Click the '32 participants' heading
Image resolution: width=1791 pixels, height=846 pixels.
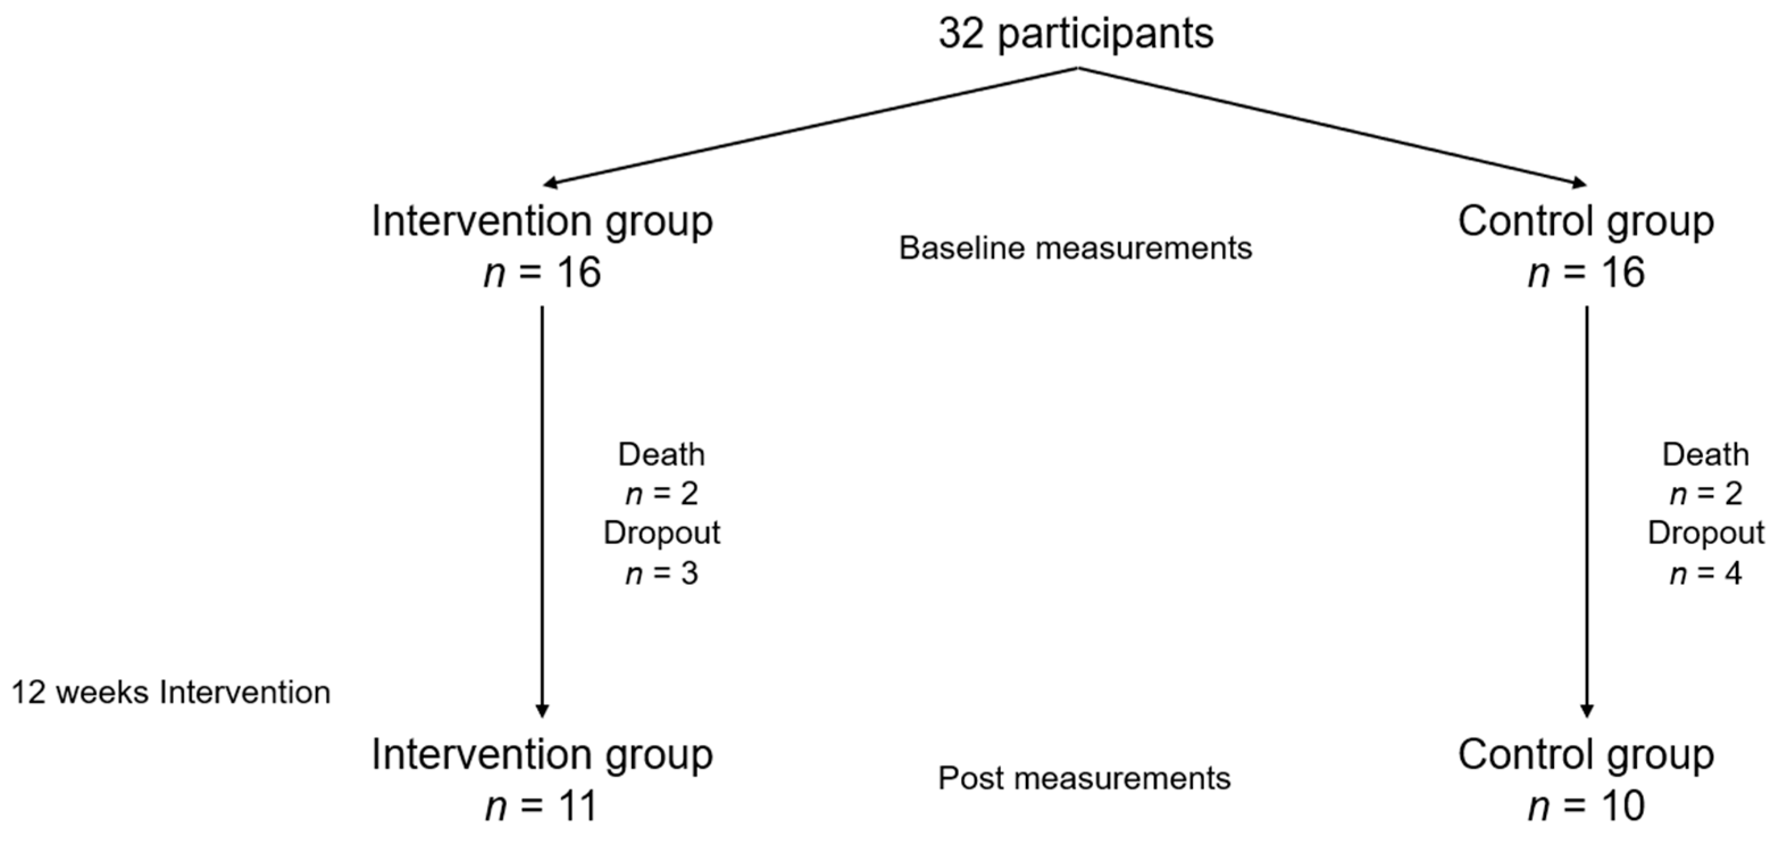1076,33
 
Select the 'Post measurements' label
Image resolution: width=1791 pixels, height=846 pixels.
1084,778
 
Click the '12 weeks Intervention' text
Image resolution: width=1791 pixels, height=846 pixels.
171,693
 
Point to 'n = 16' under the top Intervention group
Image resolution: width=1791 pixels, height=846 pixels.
542,272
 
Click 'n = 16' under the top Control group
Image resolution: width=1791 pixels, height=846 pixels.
1586,272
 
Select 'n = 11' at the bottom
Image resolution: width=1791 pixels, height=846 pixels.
541,806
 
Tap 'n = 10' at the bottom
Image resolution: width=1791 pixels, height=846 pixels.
1586,806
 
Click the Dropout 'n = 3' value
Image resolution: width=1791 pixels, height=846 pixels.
661,574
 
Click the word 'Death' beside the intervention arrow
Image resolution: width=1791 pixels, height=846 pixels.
661,455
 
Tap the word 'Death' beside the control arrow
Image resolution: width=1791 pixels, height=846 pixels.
1705,455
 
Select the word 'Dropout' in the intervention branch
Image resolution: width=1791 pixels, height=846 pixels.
661,533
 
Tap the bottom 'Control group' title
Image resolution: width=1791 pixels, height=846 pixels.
1586,755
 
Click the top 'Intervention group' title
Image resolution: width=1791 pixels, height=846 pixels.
542,222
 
